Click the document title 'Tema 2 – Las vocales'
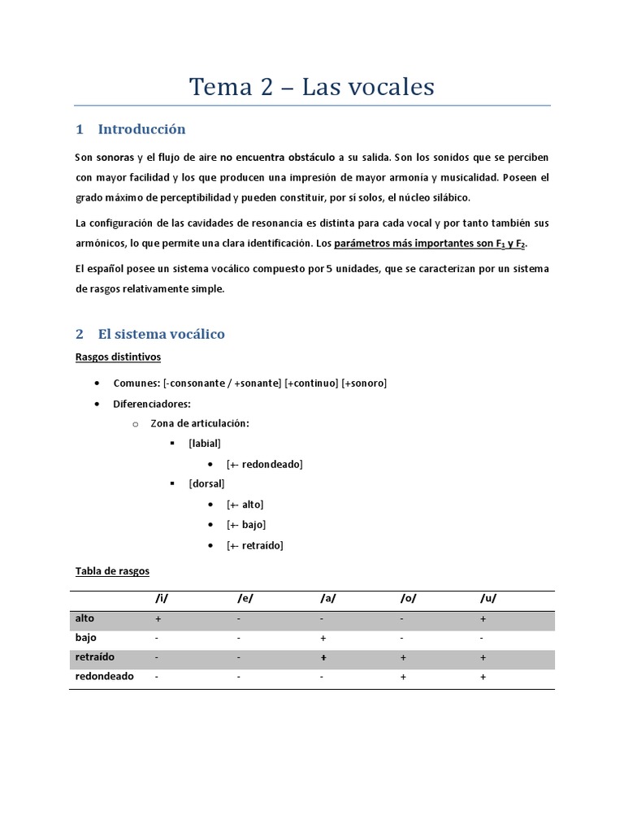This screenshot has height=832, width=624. [312, 86]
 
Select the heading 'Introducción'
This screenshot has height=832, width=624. [141, 129]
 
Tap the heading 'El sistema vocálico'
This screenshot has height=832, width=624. [161, 334]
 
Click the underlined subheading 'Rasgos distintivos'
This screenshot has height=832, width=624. [118, 357]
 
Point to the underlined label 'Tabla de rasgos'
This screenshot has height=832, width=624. [112, 571]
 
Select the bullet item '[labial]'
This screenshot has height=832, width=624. [204, 443]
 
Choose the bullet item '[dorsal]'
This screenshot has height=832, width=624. [206, 483]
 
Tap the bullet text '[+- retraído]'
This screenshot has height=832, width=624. [254, 545]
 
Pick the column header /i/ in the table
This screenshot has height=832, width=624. [162, 599]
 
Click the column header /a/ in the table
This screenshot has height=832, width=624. [327, 599]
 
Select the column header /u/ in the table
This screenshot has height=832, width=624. [487, 599]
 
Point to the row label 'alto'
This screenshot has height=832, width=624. [84, 618]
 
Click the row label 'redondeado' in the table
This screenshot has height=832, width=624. [104, 676]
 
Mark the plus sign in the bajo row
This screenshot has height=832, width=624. [323, 639]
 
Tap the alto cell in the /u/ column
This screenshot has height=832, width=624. [483, 619]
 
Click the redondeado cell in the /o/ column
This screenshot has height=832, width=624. [403, 677]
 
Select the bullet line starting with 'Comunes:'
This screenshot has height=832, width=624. [249, 383]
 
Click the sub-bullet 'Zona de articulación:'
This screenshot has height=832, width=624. [200, 423]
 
